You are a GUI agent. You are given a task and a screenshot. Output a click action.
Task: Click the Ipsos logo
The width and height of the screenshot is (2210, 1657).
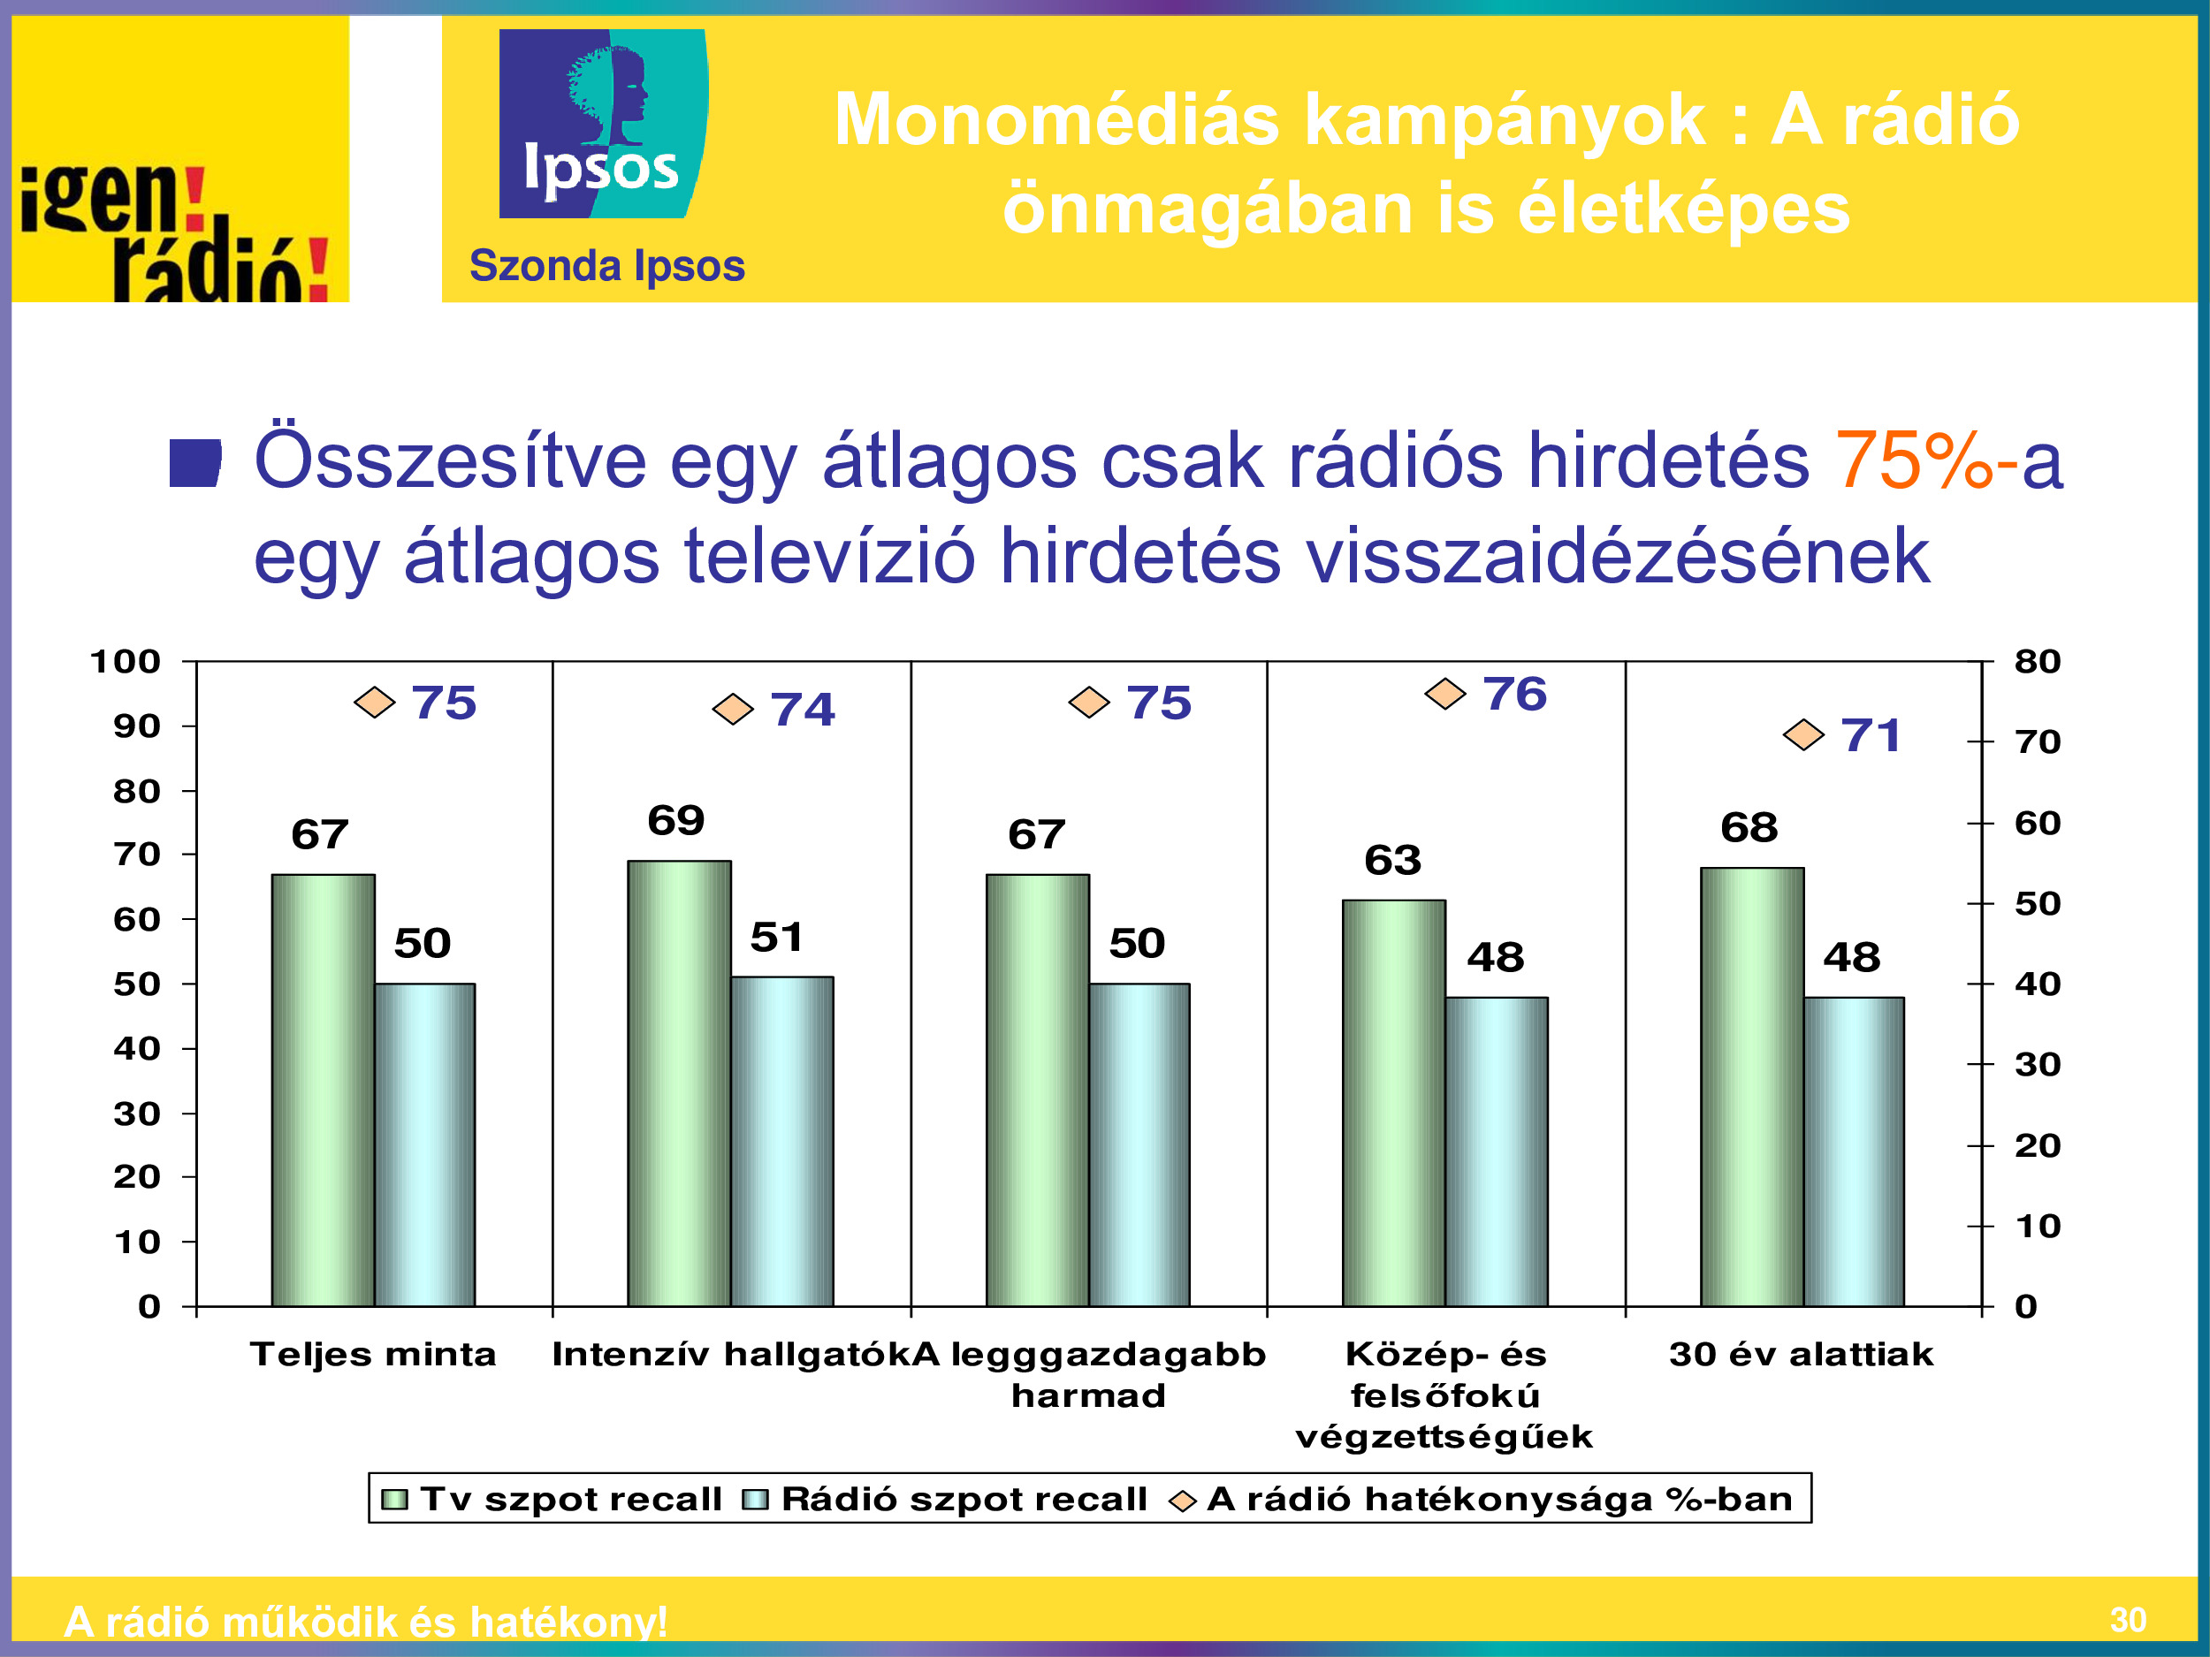pos(604,123)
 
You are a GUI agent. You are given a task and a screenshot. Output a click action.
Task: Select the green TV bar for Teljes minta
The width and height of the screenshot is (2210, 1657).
pos(323,1090)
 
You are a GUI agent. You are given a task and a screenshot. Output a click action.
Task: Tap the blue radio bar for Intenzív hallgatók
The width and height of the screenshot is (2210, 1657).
pos(781,1141)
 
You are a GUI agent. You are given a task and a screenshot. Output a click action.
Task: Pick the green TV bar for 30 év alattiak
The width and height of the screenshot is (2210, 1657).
pos(1751,1087)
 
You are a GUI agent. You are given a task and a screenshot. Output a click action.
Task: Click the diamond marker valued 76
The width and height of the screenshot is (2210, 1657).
pos(1444,693)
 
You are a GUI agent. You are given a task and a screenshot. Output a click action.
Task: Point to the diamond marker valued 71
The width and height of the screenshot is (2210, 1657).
pos(1803,735)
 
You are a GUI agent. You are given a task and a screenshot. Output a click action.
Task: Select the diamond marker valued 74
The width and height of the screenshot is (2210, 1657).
pos(732,709)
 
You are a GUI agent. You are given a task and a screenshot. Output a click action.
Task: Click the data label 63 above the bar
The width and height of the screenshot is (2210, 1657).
pos(1392,860)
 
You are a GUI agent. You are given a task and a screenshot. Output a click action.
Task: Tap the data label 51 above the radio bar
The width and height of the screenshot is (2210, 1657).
pos(776,937)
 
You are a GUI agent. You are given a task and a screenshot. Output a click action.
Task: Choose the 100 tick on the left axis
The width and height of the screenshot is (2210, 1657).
pos(125,661)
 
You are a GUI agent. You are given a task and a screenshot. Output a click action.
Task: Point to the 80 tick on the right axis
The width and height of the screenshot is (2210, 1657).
pos(2037,661)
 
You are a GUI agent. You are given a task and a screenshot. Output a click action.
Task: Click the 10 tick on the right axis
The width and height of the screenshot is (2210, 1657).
pos(2037,1226)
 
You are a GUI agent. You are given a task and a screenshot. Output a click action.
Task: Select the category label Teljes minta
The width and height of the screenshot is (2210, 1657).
pos(373,1355)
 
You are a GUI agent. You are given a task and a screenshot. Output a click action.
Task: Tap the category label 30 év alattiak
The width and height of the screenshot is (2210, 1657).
pos(1802,1355)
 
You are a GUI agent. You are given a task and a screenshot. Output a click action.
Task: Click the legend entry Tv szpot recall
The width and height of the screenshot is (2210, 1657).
pos(552,1498)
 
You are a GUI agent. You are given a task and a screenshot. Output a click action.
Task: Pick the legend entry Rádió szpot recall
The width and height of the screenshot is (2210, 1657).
pos(945,1498)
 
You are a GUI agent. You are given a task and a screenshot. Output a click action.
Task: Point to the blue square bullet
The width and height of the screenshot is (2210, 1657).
pos(194,463)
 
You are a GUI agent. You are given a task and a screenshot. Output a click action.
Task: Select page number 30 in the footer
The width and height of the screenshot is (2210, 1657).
pos(2128,1619)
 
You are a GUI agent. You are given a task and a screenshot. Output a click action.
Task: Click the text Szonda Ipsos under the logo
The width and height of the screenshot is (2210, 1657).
pos(607,266)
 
